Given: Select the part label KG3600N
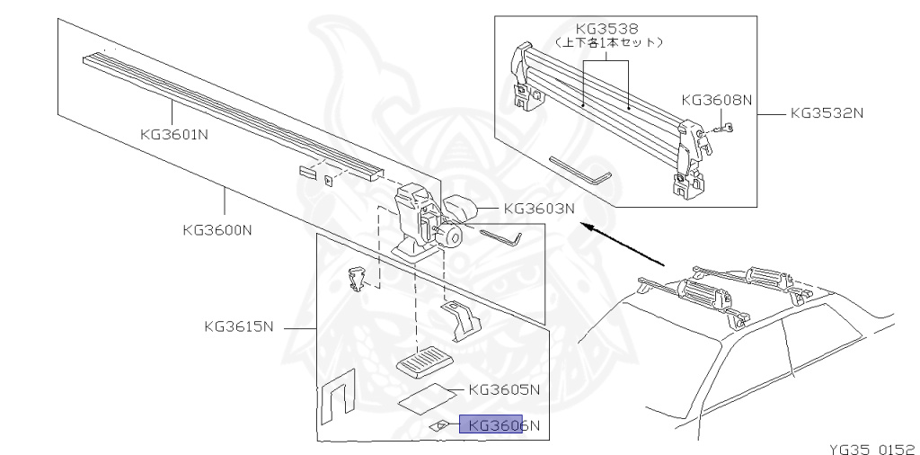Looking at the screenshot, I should (x=216, y=229).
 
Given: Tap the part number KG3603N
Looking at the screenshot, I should (x=538, y=209).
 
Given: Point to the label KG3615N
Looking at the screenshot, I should (x=239, y=326).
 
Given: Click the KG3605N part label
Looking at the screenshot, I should (x=504, y=389).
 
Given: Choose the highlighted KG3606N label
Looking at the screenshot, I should (x=499, y=425).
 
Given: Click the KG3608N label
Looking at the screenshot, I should (x=716, y=101).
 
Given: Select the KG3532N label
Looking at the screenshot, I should (x=827, y=114).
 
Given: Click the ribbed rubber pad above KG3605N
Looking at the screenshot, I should (x=423, y=361).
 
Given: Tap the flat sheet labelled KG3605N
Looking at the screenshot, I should (x=425, y=397).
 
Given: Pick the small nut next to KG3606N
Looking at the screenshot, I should (x=441, y=425).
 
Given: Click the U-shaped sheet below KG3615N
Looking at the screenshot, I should (x=338, y=397).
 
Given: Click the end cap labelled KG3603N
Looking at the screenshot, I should (x=461, y=210).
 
